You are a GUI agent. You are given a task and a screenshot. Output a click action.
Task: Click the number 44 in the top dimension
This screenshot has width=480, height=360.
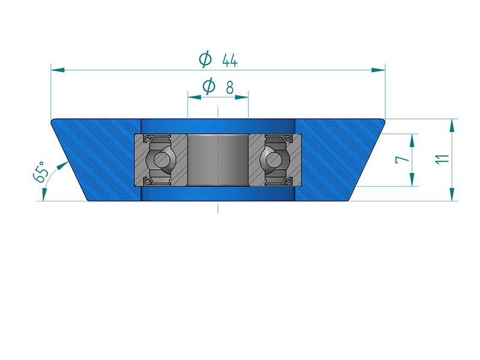click(x=230, y=61)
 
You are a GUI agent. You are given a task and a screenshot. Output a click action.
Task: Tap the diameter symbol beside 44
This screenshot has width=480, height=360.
click(x=205, y=59)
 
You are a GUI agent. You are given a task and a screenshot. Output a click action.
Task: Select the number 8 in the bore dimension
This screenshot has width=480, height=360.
click(x=230, y=88)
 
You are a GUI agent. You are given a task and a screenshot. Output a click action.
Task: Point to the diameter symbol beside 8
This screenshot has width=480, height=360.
click(x=209, y=86)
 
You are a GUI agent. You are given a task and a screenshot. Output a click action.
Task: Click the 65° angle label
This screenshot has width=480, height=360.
click(x=40, y=173)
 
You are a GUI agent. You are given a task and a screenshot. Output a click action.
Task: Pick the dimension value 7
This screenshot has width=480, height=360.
click(x=402, y=160)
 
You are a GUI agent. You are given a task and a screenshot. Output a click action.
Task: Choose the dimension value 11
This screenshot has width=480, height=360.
click(x=442, y=159)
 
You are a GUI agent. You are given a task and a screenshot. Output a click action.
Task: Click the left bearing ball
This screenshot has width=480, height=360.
click(x=161, y=159)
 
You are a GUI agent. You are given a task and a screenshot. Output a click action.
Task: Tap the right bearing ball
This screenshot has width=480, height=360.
click(x=273, y=159)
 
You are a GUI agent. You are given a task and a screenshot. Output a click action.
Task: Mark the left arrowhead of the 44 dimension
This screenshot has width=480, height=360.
click(x=58, y=70)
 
